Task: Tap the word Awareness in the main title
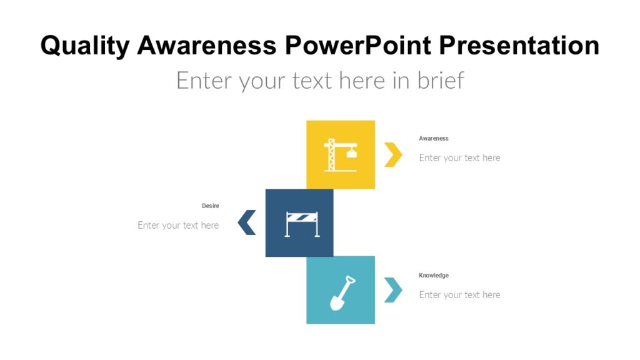[x=206, y=46]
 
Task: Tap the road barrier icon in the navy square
[x=302, y=224]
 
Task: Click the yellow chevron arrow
[x=392, y=155]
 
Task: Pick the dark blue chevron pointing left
[x=247, y=223]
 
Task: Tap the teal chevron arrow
[x=392, y=290]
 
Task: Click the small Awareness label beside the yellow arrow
[x=434, y=139]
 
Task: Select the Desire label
[x=211, y=206]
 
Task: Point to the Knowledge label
[x=434, y=276]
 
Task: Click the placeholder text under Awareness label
[x=459, y=158]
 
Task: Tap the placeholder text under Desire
[x=178, y=226]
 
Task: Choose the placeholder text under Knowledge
[x=459, y=295]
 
